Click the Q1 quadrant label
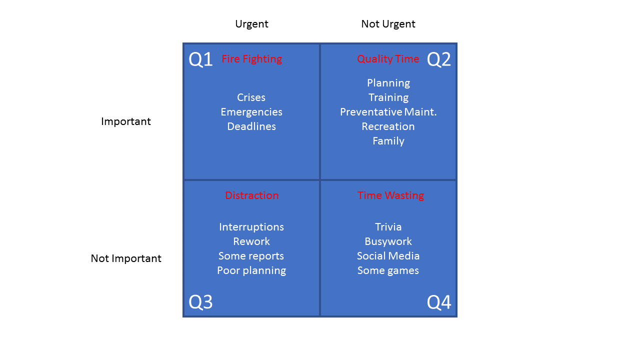point(200,59)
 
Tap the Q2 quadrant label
point(439,59)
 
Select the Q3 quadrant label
point(200,301)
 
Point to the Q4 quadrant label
point(439,301)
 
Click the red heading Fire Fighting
point(251,59)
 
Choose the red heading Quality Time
point(388,59)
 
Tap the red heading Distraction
point(251,195)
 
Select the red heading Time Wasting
point(390,195)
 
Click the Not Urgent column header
point(388,24)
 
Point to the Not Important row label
point(126,258)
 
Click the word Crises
point(251,97)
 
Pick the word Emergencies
point(251,112)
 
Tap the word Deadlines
point(251,126)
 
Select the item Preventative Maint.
point(388,111)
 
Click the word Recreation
point(388,126)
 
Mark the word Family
point(388,141)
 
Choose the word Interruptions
point(251,227)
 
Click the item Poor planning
point(251,270)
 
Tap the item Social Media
point(388,255)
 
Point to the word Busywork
point(388,241)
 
